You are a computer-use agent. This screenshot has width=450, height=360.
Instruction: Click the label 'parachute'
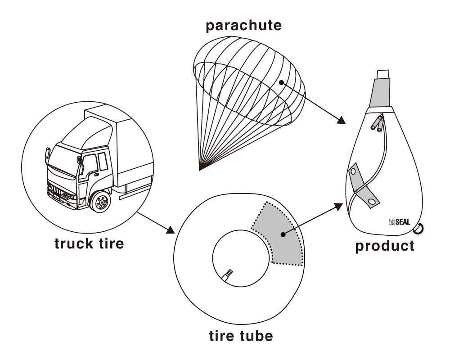coord(243,25)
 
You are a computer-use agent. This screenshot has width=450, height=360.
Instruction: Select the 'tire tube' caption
coord(241,336)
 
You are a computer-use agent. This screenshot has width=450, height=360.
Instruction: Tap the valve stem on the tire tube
coord(227,274)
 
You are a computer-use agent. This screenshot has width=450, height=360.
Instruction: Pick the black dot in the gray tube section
coord(282,234)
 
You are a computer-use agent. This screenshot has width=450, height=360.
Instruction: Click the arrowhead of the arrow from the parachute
coord(342,120)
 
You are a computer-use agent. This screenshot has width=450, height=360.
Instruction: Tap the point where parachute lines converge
coord(199,170)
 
